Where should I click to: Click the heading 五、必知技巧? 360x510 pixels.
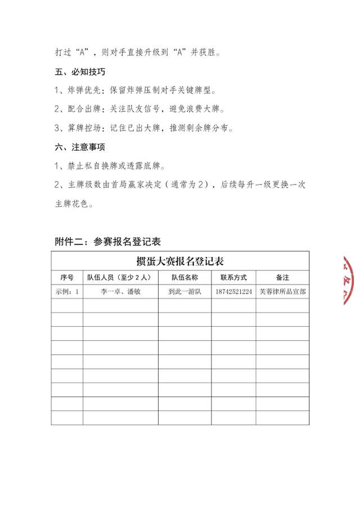point(79,73)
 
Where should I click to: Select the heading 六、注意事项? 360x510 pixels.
point(79,147)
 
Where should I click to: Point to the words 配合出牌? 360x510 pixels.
point(86,110)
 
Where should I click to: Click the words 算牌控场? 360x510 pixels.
point(86,128)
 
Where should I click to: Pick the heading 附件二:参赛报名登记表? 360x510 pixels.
point(108,242)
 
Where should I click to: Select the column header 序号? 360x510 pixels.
point(67,278)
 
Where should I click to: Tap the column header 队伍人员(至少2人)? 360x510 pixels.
point(120,278)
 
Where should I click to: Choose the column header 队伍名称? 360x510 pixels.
point(184,278)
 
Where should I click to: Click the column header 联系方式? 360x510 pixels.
point(233,278)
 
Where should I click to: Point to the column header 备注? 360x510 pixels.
point(282,278)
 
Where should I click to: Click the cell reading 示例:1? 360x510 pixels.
point(67,292)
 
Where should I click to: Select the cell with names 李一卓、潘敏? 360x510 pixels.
point(120,292)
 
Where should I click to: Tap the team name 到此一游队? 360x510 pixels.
point(184,292)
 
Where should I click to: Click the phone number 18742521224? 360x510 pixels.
point(233,292)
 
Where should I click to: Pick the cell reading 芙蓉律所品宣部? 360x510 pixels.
point(282,292)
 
